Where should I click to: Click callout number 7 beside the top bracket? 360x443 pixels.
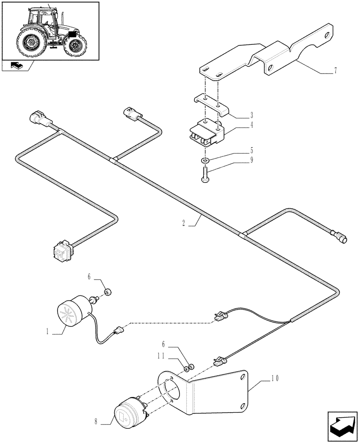point(335,70)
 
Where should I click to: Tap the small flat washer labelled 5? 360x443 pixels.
point(205,159)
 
